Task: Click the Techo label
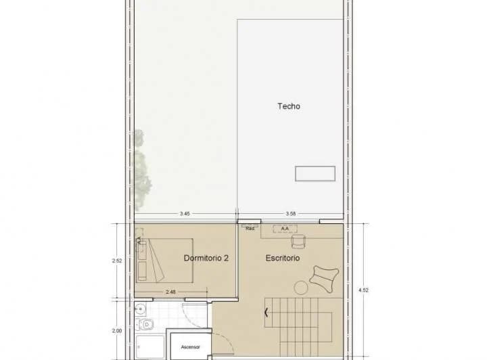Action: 289,106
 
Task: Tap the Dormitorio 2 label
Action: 210,258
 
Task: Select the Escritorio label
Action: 283,258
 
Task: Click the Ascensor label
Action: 191,347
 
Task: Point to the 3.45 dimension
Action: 185,214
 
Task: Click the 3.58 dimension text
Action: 291,214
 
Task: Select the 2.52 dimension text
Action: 116,259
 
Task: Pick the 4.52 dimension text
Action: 364,291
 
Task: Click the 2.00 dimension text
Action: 116,331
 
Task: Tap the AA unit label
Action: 285,229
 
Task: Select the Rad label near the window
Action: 250,228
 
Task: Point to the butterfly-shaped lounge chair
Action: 325,278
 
